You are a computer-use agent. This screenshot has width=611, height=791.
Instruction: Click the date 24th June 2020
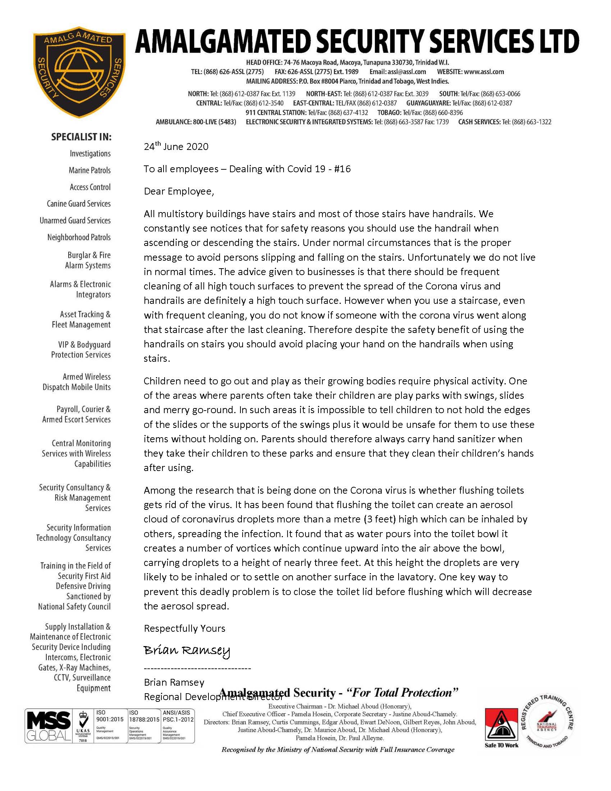coord(176,146)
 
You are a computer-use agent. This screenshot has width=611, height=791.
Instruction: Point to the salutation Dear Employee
coord(179,191)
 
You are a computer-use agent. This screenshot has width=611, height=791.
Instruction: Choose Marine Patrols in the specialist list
coord(89,170)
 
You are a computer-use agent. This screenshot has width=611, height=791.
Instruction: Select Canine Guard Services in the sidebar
coord(79,204)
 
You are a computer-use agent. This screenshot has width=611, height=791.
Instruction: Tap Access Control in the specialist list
coord(90,187)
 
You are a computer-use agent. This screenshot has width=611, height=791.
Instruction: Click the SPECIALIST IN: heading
coord(82,137)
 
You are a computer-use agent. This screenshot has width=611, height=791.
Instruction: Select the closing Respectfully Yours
coord(184,628)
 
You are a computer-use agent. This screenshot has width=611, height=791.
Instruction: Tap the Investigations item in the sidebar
coord(90,154)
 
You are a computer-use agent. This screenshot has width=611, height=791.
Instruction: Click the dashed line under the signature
coord(197,668)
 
